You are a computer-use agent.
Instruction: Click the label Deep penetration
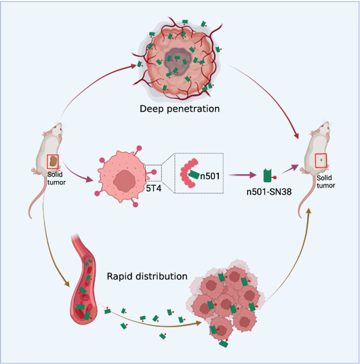(180, 109)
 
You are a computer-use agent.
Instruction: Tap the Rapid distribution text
(147, 277)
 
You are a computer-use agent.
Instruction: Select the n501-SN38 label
(269, 192)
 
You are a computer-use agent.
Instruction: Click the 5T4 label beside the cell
(153, 188)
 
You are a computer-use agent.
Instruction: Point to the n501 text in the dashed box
(210, 176)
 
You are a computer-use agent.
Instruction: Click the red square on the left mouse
(53, 161)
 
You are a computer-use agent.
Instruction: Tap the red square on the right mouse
(321, 160)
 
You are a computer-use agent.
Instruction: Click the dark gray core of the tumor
(178, 62)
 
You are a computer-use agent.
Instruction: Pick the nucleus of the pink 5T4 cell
(124, 181)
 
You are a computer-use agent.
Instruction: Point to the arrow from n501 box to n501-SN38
(242, 175)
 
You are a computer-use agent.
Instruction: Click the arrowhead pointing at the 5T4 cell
(89, 179)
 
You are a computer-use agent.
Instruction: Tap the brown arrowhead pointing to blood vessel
(67, 284)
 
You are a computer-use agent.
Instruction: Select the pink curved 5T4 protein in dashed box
(187, 173)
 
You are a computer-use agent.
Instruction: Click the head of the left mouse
(58, 128)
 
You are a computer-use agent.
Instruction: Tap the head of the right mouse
(325, 127)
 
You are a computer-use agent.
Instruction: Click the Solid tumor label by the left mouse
(56, 178)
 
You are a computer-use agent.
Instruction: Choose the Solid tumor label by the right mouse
(325, 182)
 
